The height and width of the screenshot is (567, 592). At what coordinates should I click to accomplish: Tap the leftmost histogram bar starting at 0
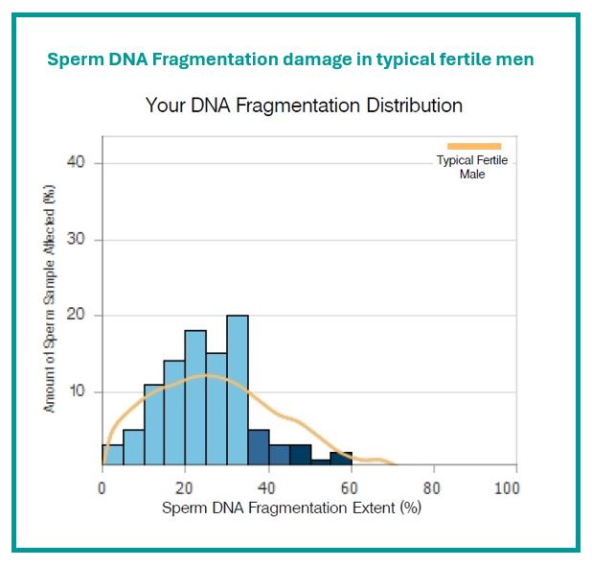112,456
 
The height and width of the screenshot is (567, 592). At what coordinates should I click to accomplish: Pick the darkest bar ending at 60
342,459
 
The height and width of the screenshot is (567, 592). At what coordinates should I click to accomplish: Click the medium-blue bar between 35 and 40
259,448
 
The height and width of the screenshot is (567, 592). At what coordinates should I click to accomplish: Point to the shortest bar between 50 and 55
321,462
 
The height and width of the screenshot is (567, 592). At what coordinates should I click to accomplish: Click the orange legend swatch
474,146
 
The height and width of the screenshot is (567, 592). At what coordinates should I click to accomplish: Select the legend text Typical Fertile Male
472,167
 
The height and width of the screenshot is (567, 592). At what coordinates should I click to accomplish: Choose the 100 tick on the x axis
507,488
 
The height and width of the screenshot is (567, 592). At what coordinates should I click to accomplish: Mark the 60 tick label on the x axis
351,488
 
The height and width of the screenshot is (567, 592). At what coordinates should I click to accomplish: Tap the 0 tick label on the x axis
102,488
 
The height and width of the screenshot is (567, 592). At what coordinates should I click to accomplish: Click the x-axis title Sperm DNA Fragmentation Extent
291,508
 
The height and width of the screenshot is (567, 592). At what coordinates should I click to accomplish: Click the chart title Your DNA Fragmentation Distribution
304,105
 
